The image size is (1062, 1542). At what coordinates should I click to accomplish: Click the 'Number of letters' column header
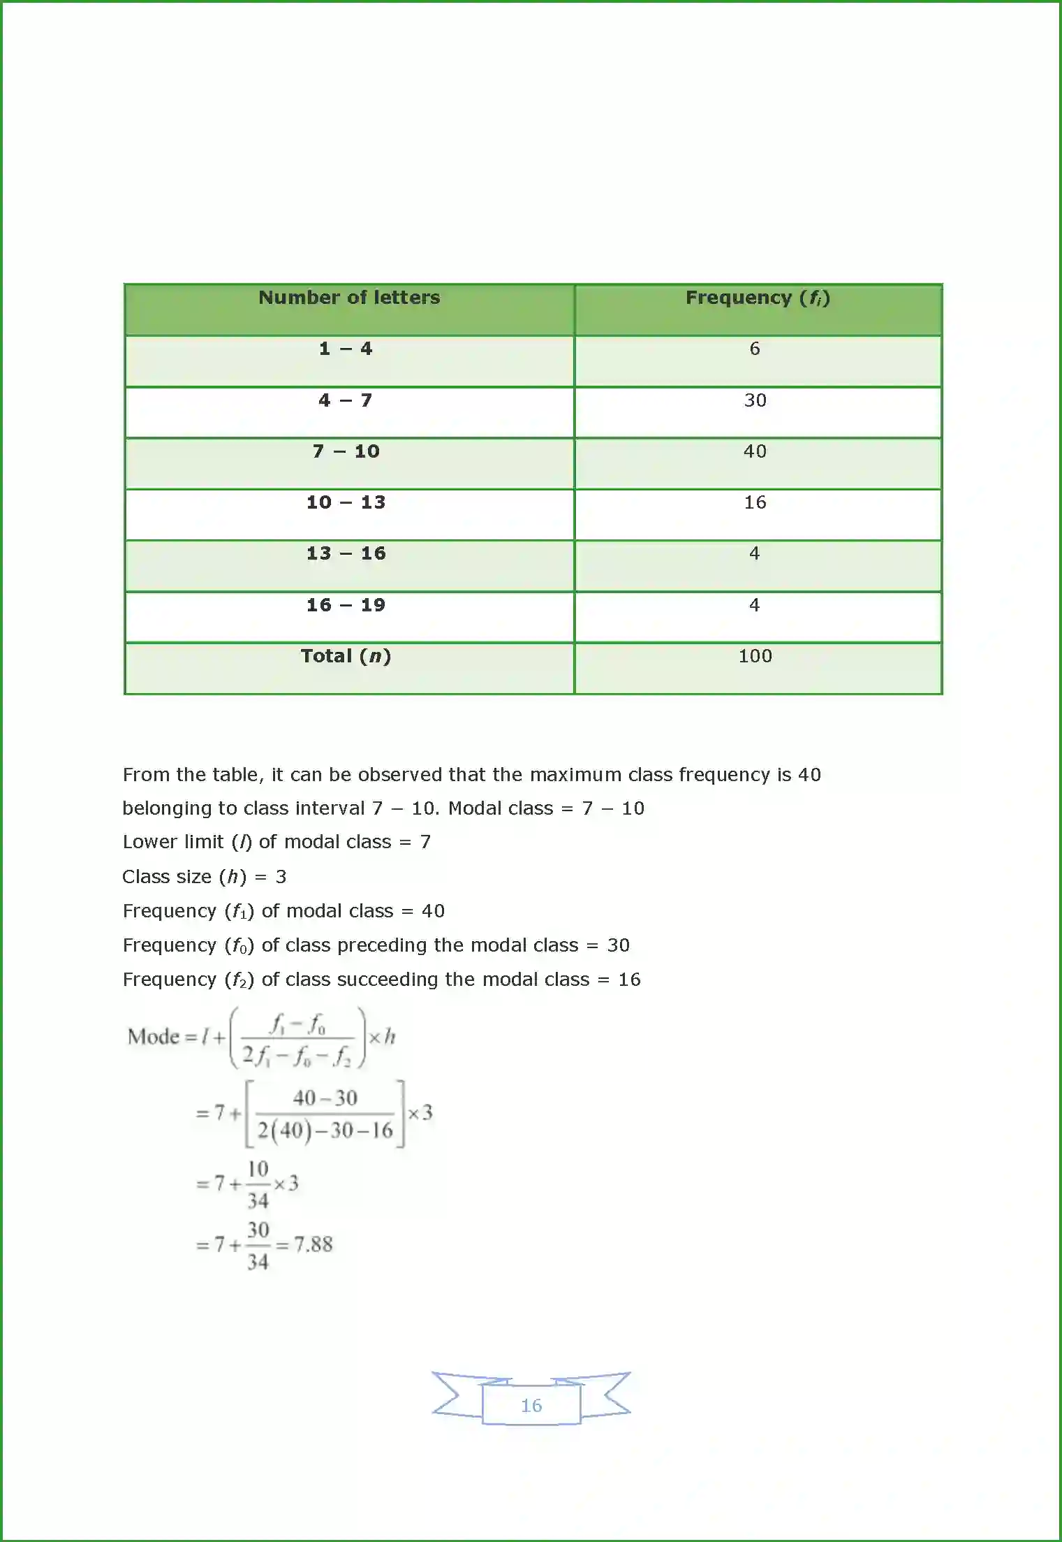pyautogui.click(x=349, y=298)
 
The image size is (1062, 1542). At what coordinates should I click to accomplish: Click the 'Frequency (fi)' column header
pyautogui.click(x=758, y=298)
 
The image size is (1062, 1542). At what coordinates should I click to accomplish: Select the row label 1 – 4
pyautogui.click(x=346, y=349)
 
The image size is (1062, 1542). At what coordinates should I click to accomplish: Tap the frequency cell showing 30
pyautogui.click(x=755, y=400)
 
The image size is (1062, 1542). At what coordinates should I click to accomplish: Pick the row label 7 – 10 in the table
pyautogui.click(x=346, y=451)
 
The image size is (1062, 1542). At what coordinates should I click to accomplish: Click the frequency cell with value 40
pyautogui.click(x=755, y=451)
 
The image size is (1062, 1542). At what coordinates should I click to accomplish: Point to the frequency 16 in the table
pyautogui.click(x=755, y=502)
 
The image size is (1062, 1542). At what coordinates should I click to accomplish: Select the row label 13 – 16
pyautogui.click(x=346, y=553)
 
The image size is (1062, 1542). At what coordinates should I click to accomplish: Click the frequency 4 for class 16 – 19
pyautogui.click(x=754, y=605)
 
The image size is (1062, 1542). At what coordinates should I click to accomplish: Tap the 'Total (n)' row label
pyautogui.click(x=346, y=656)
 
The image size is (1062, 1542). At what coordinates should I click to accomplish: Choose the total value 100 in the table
pyautogui.click(x=755, y=656)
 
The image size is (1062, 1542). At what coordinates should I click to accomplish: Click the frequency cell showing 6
pyautogui.click(x=754, y=349)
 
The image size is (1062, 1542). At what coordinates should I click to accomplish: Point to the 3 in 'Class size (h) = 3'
pyautogui.click(x=281, y=877)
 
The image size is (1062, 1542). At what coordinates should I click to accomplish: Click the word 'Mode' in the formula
pyautogui.click(x=154, y=1037)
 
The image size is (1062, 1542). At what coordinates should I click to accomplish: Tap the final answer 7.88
pyautogui.click(x=313, y=1244)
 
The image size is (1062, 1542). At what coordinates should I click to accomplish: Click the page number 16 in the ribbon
pyautogui.click(x=531, y=1406)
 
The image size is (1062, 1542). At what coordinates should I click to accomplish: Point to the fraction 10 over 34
pyautogui.click(x=258, y=1184)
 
